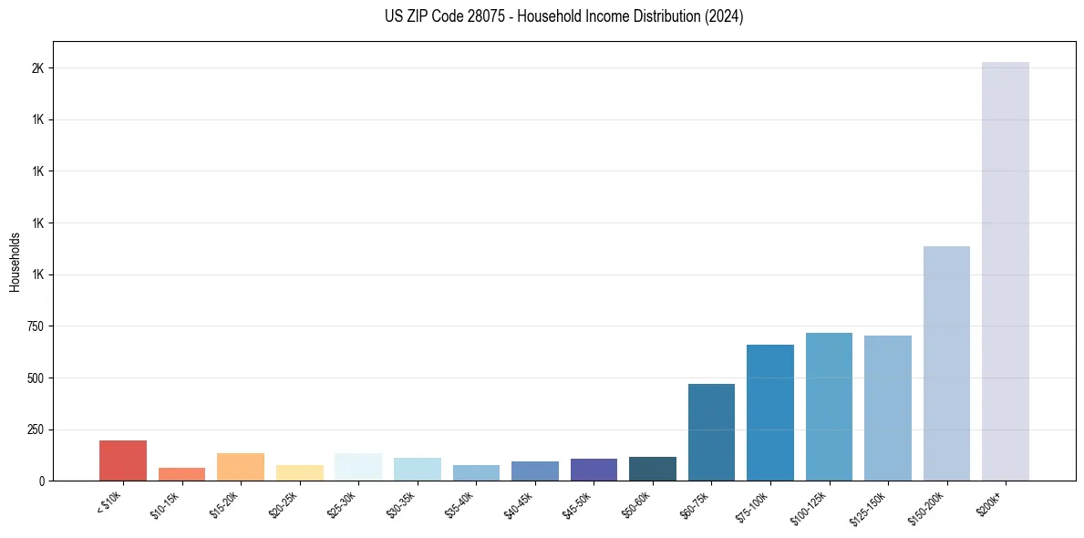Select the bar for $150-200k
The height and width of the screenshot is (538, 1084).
click(946, 364)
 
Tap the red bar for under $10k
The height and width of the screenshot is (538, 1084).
click(123, 460)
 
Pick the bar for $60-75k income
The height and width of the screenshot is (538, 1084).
click(711, 432)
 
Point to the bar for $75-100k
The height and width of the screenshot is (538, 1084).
click(770, 413)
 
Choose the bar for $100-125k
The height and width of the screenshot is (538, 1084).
click(829, 407)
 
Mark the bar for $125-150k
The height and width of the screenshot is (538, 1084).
click(888, 409)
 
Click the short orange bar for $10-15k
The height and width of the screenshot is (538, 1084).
click(181, 474)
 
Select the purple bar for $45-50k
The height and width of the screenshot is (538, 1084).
click(594, 470)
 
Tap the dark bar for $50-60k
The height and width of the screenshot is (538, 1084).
click(653, 469)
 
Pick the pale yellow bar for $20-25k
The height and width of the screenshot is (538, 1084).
click(300, 473)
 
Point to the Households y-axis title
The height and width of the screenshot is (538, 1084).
click(15, 262)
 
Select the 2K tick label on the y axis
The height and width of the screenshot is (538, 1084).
click(37, 68)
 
